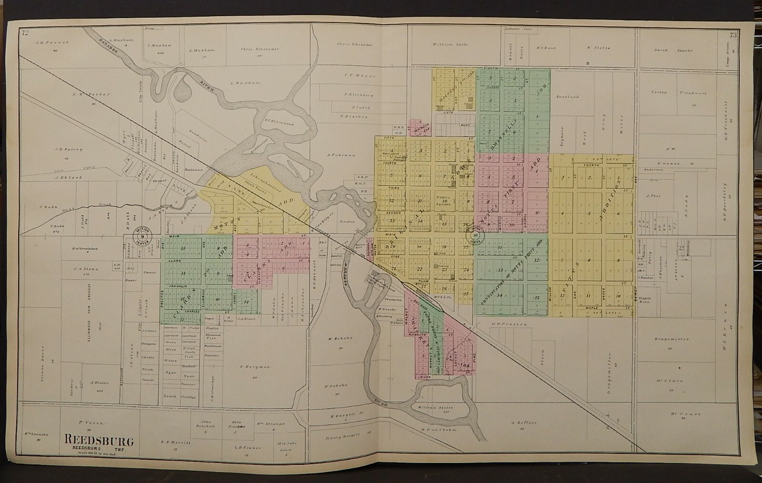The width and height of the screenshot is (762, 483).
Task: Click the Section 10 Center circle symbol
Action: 474,234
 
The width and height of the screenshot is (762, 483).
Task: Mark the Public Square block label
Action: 444,198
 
